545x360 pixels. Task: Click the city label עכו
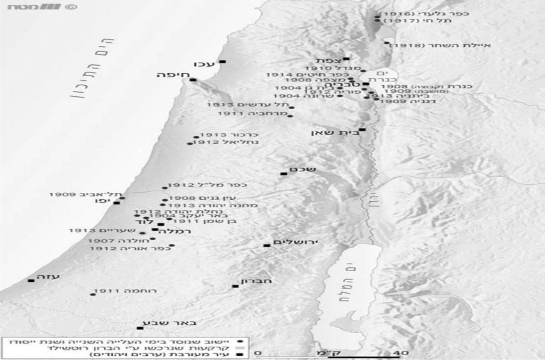coord(205,63)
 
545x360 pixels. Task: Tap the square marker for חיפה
coord(193,80)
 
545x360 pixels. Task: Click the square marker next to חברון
coord(235,286)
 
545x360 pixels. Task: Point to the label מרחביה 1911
coord(252,114)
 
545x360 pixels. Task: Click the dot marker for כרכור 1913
coord(196,136)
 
